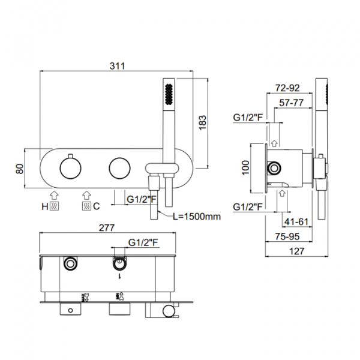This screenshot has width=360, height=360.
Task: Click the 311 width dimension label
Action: pos(118,66)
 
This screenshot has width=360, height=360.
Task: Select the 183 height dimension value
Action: pos(203,122)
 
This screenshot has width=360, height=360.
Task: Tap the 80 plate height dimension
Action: pos(20,169)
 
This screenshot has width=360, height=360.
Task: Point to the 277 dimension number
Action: pos(107,228)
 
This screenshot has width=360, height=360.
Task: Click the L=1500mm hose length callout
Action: pos(197,216)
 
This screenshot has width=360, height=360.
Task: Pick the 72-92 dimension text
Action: pos(287,88)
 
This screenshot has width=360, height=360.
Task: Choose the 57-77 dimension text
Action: pos(292,103)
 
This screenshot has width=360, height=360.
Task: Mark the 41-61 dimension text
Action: pos(296,222)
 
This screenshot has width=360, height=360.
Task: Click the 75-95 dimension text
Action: pos(287,236)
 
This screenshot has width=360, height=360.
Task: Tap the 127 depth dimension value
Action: pos(297,251)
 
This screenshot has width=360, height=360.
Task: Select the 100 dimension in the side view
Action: pos(245,168)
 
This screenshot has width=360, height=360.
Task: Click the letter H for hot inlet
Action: pos(45,206)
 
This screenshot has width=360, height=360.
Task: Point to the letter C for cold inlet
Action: pos(97,206)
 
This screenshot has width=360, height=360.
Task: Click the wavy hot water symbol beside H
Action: pos(54,206)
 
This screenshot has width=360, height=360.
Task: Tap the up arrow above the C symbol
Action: pos(86,195)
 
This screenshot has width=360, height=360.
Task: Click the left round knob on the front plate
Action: pos(70,168)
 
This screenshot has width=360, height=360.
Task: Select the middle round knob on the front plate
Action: pos(119,168)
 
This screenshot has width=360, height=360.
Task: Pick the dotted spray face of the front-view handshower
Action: pos(169,94)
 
